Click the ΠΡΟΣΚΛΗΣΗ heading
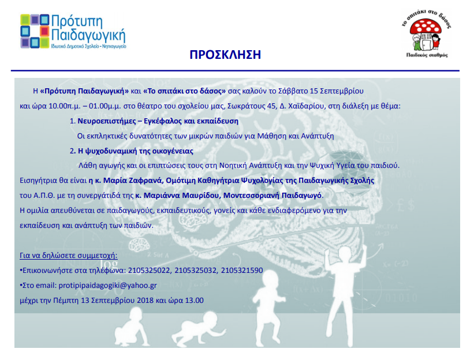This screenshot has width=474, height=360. point(225,55)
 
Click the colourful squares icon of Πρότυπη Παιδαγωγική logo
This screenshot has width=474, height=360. point(35,31)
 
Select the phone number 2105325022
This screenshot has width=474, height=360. point(149,271)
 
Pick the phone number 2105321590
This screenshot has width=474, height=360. point(242,271)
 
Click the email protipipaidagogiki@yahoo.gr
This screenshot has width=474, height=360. point(107,286)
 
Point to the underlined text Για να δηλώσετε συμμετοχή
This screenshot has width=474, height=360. point(68,256)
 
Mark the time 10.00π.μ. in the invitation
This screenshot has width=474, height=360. point(65,106)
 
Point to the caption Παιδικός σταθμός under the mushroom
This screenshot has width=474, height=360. point(427,55)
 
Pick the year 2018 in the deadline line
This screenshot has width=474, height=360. point(145,301)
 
